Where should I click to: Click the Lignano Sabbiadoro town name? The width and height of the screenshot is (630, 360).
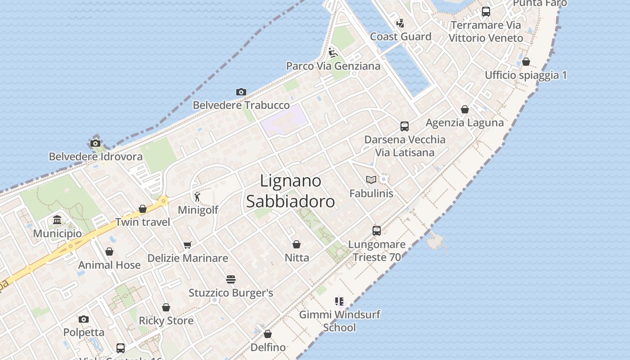click(x=291, y=191)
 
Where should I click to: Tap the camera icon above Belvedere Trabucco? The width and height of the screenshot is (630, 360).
click(x=241, y=92)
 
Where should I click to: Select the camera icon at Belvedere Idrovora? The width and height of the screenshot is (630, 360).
click(x=95, y=144)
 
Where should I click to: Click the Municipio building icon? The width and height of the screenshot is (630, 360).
click(x=57, y=220)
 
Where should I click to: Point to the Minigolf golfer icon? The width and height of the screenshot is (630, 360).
click(x=197, y=197)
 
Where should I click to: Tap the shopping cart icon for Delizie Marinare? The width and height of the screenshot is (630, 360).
click(x=188, y=245)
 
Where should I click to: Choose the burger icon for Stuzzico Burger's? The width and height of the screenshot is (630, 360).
click(x=231, y=279)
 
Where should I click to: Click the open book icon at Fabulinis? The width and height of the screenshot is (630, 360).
click(x=371, y=180)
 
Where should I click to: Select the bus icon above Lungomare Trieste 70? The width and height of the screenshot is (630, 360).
click(x=377, y=231)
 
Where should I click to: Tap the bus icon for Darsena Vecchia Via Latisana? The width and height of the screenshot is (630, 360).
click(x=405, y=126)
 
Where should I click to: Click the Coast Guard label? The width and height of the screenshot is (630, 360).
click(x=400, y=36)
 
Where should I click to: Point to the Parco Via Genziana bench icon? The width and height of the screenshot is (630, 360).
click(x=333, y=53)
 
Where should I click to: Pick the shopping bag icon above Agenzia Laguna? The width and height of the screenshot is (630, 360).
click(x=465, y=109)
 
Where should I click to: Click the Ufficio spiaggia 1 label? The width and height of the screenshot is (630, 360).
click(x=526, y=75)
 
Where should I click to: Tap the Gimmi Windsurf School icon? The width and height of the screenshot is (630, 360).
click(x=339, y=301)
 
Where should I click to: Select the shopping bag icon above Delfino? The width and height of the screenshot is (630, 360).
click(x=268, y=334)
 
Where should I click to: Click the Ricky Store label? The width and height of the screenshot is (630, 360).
click(x=166, y=321)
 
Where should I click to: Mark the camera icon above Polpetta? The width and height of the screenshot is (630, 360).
click(x=84, y=319)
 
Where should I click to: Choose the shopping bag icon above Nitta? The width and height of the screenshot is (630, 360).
click(x=297, y=244)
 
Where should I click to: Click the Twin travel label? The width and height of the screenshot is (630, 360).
click(x=143, y=222)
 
